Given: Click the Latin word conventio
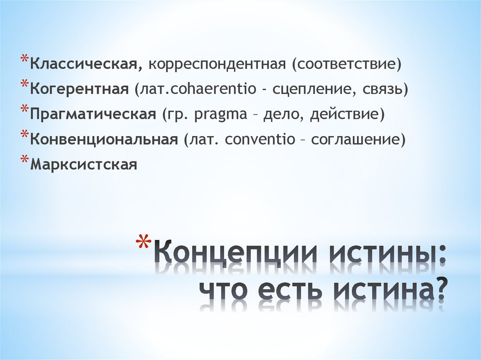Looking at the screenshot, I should [x=260, y=139].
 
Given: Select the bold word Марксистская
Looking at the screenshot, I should [x=84, y=165].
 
